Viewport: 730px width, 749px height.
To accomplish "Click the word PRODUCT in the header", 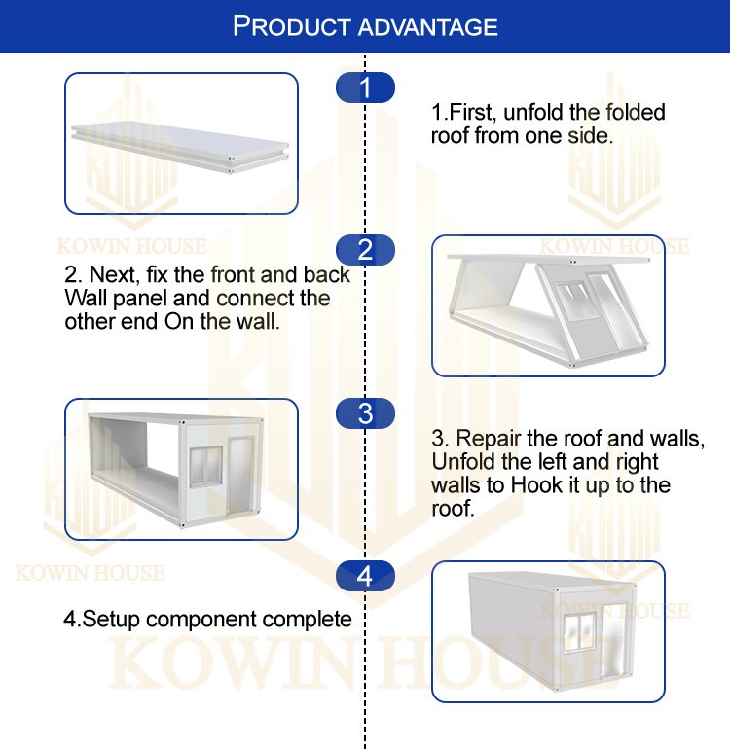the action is coord(292,26).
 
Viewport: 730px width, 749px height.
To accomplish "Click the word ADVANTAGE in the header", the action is coord(428,27).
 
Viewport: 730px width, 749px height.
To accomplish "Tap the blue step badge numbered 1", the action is coord(365,88).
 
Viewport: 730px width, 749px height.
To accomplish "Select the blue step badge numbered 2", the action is coord(365,250).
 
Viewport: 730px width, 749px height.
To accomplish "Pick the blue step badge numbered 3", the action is coord(365,413).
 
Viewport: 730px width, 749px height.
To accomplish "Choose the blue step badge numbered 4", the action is coord(365,576).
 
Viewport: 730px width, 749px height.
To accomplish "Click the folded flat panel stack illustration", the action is coord(180,147).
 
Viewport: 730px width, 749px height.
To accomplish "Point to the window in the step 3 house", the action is coord(206,466).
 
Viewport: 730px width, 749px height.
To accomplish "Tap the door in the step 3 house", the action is coord(240,476).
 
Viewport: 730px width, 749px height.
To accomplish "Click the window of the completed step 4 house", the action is coord(579,632).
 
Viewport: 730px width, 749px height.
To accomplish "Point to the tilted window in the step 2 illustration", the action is coord(576,301).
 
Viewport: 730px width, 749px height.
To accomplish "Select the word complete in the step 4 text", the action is coord(307,620).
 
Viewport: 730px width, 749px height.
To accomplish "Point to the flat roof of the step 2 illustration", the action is coord(549,260).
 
